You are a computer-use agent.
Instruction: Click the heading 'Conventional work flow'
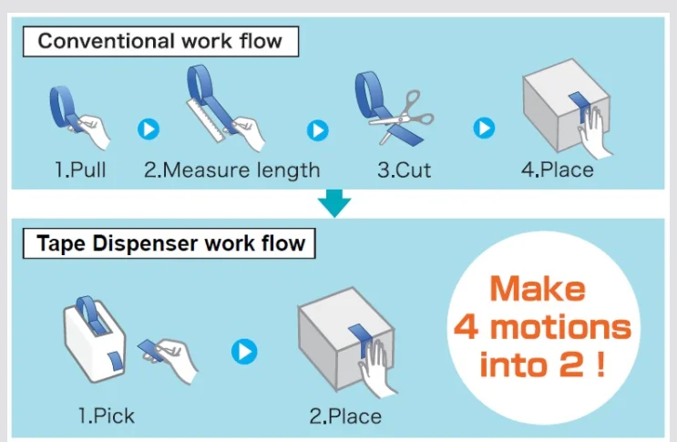click(159, 41)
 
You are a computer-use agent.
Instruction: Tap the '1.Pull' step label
click(79, 170)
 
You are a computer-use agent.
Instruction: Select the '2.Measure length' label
click(231, 170)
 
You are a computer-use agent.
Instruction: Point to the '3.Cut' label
click(404, 170)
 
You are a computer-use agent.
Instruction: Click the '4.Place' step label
click(563, 170)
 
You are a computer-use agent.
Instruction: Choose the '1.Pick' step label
click(106, 416)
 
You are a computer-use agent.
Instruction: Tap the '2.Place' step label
click(345, 416)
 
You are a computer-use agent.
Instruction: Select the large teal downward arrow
click(337, 202)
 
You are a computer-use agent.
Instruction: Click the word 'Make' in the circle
click(537, 289)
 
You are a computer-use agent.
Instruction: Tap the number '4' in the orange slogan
click(466, 327)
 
